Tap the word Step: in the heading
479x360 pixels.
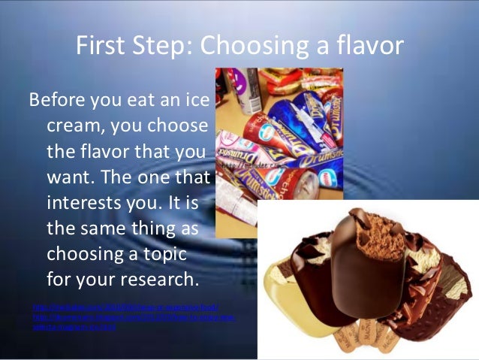point(167,46)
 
